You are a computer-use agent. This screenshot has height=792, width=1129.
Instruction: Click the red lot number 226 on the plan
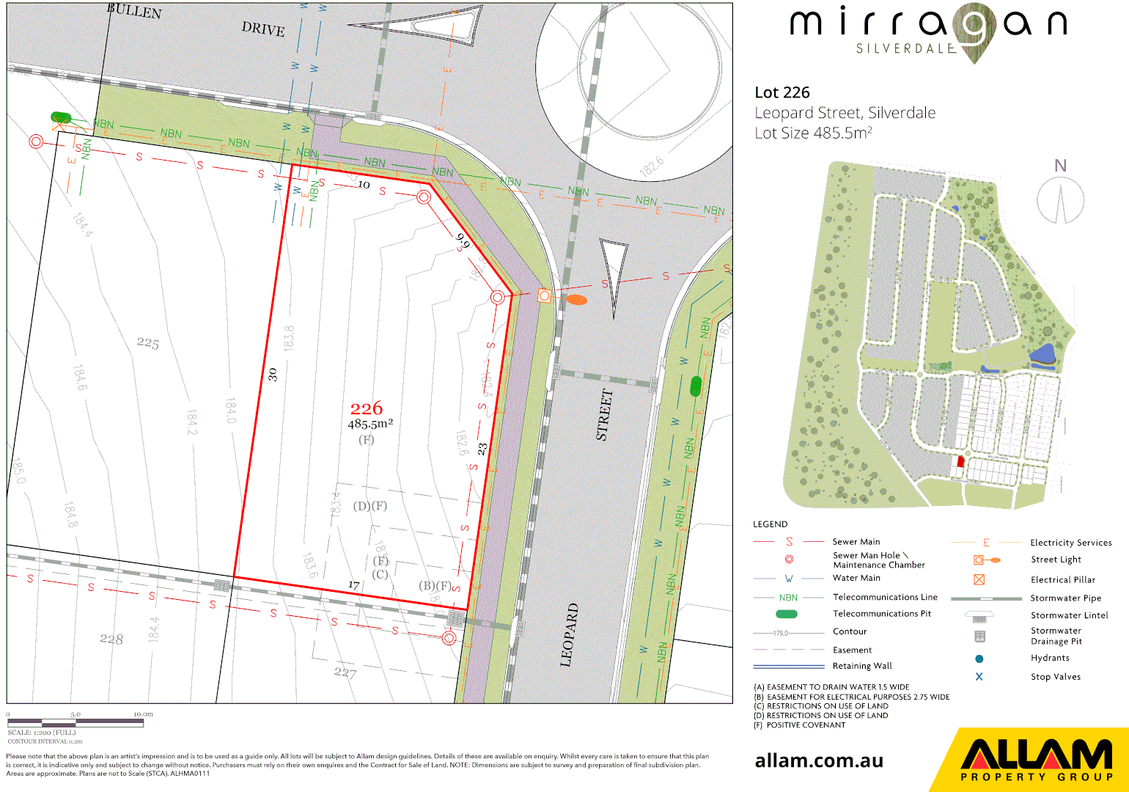[x=367, y=408]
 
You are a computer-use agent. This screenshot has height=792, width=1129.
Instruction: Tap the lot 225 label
[x=147, y=342]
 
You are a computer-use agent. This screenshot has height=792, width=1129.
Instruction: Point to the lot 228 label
[x=111, y=639]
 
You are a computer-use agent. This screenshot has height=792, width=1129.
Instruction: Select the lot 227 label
[x=345, y=672]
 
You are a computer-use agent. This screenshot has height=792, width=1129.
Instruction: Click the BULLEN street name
[x=134, y=10]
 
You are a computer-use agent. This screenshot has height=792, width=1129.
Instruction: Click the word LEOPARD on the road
[x=570, y=635]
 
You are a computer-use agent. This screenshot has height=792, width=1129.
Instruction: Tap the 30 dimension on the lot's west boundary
[x=273, y=374]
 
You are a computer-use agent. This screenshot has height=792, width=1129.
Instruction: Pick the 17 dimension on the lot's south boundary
[x=354, y=585]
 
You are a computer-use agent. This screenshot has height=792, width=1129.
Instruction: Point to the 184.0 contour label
[x=231, y=411]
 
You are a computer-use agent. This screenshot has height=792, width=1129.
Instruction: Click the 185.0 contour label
[x=18, y=471]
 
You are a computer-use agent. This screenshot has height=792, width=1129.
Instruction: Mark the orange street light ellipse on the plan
[x=577, y=299]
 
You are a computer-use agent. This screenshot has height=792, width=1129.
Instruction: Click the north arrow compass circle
[x=1060, y=200]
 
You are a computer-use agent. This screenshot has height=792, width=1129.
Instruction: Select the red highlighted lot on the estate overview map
[x=960, y=461]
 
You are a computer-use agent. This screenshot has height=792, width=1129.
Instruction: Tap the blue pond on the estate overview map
[x=1042, y=356]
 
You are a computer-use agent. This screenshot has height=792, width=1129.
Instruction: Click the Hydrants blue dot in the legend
[x=979, y=659]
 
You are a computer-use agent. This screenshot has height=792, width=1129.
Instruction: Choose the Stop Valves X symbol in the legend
[x=979, y=677]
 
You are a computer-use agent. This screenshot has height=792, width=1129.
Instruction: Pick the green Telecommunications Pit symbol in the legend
[x=787, y=615]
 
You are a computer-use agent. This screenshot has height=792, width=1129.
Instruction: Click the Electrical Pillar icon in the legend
[x=979, y=579]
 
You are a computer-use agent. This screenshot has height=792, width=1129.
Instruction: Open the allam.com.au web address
[x=819, y=760]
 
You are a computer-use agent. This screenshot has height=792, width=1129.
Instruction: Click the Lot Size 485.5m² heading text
[x=813, y=133]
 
